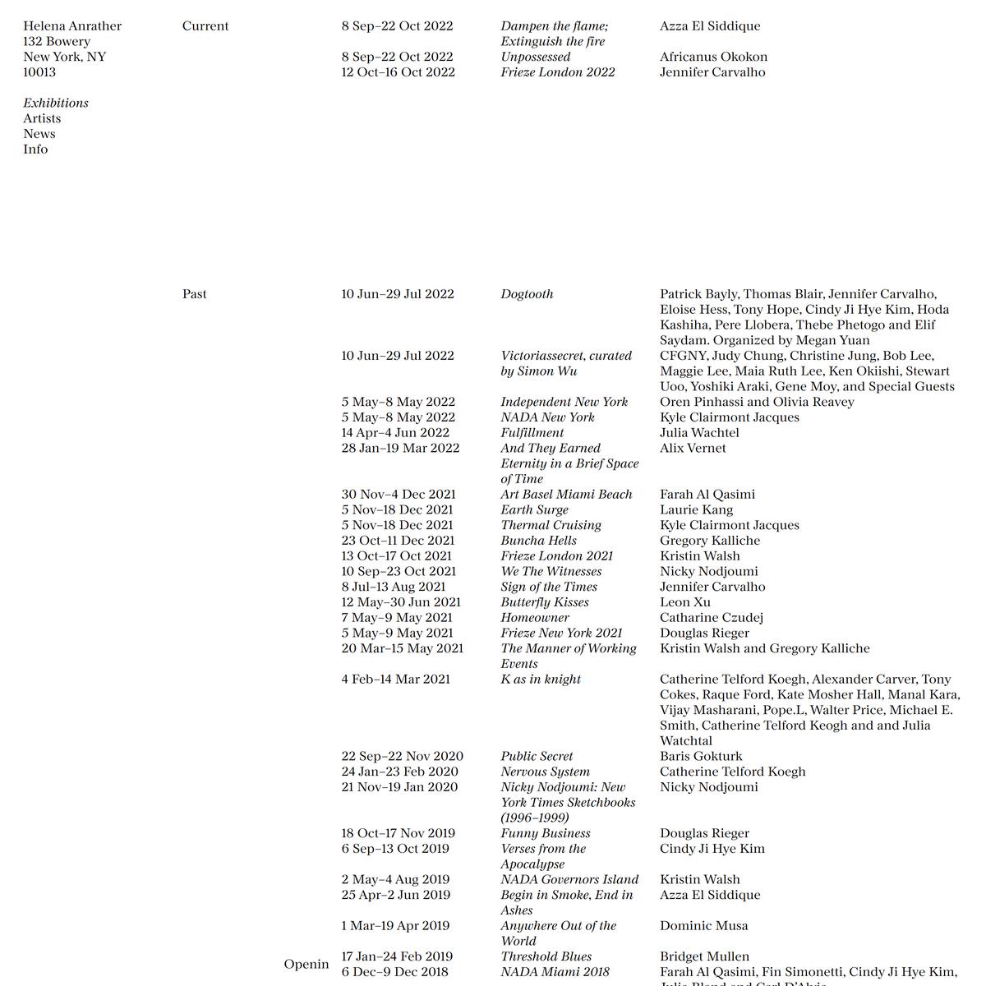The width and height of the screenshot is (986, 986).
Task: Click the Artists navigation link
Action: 42,118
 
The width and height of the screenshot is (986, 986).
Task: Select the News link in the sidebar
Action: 39,134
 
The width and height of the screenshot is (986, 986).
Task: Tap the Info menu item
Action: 35,150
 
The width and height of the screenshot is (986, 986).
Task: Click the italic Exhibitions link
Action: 56,103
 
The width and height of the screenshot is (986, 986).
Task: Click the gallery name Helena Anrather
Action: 72,26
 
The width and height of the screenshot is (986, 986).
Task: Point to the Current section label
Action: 205,26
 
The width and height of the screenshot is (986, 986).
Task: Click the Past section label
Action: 195,294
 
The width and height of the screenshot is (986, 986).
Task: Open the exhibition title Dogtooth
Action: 527,294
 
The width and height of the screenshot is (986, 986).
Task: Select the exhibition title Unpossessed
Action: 536,57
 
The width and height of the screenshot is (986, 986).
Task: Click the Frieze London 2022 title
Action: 558,72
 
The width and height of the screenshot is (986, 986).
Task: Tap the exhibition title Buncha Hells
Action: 539,541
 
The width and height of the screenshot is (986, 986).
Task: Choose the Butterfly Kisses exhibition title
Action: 545,602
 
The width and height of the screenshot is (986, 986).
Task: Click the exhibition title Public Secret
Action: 537,756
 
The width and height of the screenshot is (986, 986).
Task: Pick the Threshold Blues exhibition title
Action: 546,956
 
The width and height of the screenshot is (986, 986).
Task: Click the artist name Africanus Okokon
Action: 713,57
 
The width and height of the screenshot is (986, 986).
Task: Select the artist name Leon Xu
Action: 685,602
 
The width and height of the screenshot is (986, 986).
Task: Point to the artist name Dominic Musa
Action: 704,926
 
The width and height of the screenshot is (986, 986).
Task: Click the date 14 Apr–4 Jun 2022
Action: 395,433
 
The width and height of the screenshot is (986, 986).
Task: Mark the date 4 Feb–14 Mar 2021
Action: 396,680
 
